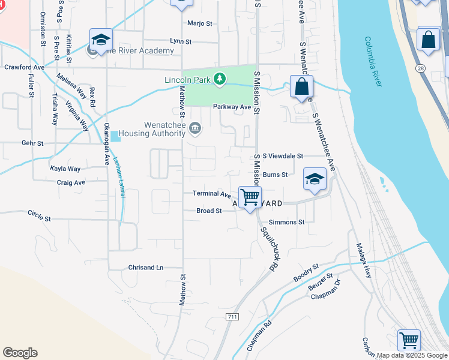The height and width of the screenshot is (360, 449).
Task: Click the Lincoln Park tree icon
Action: coord(220,79)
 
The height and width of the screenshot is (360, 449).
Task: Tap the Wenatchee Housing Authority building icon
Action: coord(195,128)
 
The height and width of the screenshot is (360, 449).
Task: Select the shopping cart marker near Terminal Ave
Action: coord(250,196)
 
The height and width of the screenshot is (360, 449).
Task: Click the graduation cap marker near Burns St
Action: coord(314,179)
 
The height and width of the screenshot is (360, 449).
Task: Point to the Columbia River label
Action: coord(373,61)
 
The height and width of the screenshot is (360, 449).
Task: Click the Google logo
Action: coord(20,353)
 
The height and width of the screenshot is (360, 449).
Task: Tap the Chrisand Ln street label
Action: coord(146,268)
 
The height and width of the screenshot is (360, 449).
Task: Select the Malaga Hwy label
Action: coord(364,259)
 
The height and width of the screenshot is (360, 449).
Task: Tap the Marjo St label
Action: coord(200,23)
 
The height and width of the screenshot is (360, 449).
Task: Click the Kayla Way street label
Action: coord(65,169)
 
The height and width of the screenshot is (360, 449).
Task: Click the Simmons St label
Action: coord(287,222)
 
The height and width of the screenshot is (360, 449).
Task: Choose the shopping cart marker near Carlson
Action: coord(409,340)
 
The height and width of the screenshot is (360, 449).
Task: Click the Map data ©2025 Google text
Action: coord(412,355)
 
